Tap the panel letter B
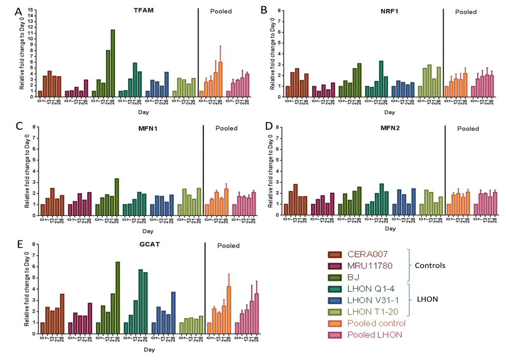point(264,10)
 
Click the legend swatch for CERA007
point(335,254)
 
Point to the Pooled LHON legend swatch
point(335,335)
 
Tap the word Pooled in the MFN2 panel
point(468,129)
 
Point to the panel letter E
point(19,244)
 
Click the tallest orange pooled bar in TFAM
point(220,77)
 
